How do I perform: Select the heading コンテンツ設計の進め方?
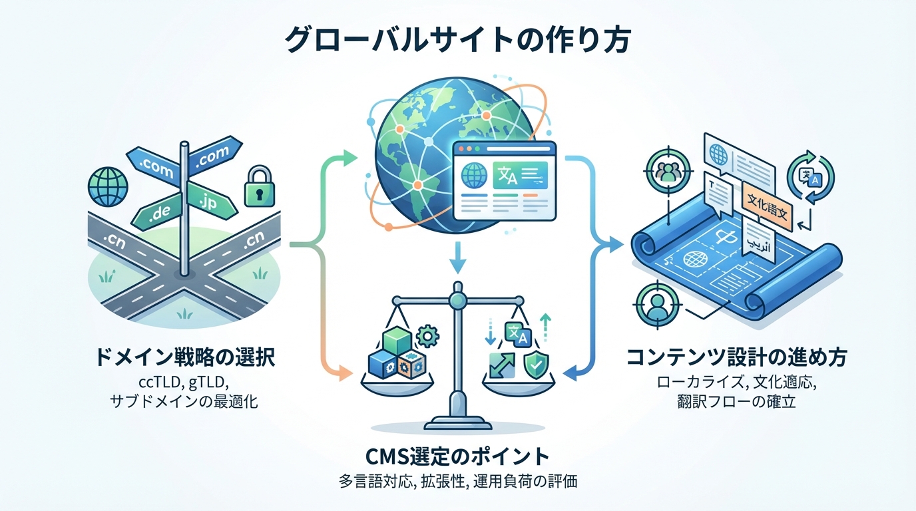click(737, 358)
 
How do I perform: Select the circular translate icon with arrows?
click(810, 175)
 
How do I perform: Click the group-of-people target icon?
click(665, 172)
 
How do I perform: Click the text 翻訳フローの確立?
click(737, 402)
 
